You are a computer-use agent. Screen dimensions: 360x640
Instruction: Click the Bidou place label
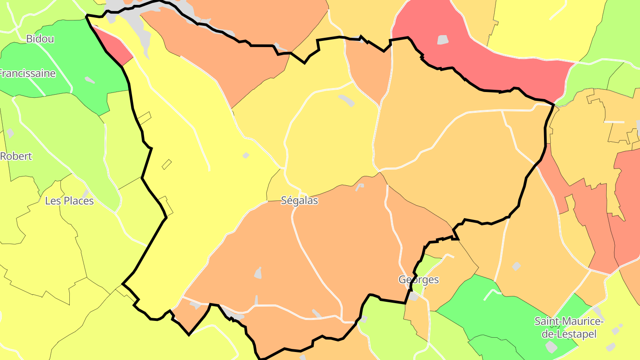tap(40, 39)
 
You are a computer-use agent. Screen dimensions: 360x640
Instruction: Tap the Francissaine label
tap(28, 73)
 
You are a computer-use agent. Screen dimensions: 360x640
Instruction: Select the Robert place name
tap(16, 156)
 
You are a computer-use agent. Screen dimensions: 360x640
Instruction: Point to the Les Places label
tap(69, 201)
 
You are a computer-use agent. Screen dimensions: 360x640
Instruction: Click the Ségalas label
tap(300, 200)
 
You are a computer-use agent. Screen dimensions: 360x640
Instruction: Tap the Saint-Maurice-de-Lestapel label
tap(569, 328)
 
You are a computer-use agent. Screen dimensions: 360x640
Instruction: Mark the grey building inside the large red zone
tap(443, 40)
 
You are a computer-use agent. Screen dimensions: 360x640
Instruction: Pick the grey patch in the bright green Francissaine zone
tap(90, 80)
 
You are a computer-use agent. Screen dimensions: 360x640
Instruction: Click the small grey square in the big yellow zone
tap(246, 156)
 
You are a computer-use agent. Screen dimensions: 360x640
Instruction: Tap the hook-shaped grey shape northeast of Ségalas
tap(359, 187)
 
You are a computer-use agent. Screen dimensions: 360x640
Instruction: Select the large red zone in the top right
tap(489, 58)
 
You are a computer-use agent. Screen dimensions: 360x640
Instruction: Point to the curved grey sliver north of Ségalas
tap(347, 100)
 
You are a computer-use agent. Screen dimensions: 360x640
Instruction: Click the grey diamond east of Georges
tap(516, 266)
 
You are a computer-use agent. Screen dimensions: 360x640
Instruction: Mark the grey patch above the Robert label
tap(10, 133)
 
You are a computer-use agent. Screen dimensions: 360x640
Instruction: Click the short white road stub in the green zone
tap(492, 294)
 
